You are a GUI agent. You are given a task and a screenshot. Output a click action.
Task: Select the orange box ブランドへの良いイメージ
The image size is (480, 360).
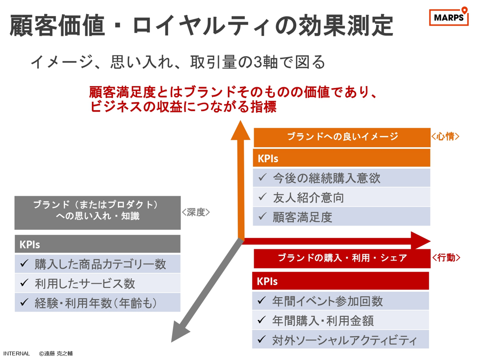click(x=342, y=137)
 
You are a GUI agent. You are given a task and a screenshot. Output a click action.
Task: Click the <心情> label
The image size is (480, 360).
click(x=445, y=136)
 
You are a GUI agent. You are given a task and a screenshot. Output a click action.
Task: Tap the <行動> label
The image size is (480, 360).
click(x=446, y=258)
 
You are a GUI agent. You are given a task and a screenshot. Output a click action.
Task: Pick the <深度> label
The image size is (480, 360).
click(x=196, y=212)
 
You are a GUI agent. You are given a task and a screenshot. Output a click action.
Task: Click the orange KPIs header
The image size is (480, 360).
click(x=341, y=158)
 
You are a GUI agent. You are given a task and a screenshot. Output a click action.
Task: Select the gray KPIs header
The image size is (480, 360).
click(x=97, y=244)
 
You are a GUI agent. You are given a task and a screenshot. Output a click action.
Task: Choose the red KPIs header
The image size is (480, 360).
click(x=340, y=281)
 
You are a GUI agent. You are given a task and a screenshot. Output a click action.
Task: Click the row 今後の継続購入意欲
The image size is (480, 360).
click(x=341, y=178)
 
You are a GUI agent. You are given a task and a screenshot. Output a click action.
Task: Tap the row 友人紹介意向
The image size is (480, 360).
click(x=341, y=197)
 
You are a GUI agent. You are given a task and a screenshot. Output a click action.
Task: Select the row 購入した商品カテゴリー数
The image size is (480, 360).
click(x=97, y=264)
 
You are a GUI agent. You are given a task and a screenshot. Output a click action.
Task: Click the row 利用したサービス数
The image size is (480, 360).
click(x=97, y=283)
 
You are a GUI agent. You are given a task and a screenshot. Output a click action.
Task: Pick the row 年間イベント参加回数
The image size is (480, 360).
click(x=340, y=301)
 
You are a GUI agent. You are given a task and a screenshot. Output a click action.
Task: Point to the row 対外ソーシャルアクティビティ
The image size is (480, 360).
click(x=340, y=339)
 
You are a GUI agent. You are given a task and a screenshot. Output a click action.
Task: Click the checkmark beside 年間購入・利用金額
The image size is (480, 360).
click(x=261, y=319)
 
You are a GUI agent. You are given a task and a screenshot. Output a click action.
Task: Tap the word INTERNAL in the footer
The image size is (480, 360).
click(x=16, y=354)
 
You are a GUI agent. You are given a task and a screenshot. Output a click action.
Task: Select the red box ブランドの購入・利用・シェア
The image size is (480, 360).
click(x=342, y=259)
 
